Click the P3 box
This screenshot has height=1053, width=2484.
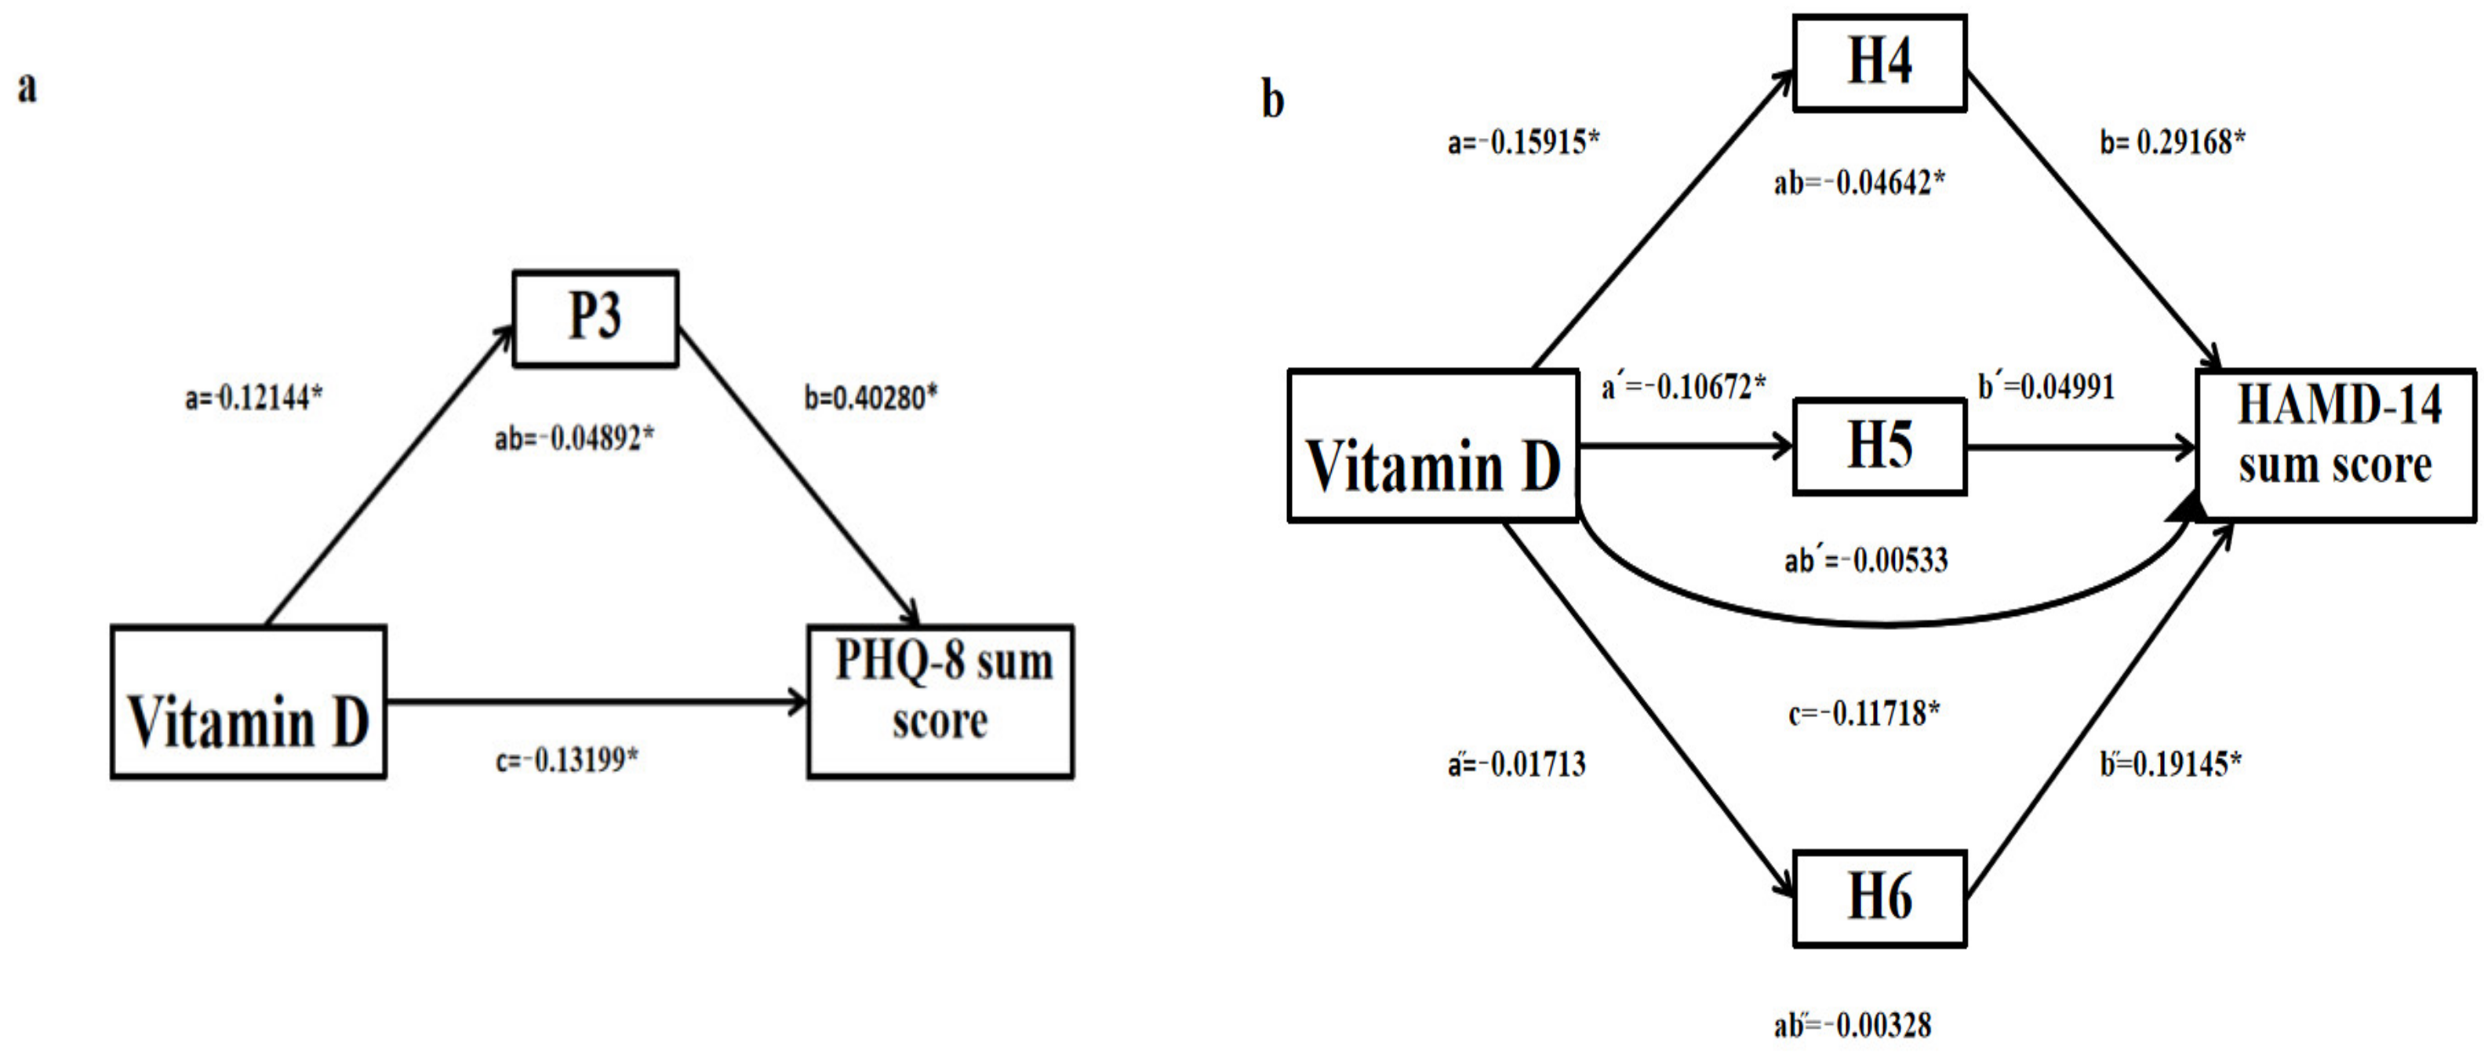[595, 319]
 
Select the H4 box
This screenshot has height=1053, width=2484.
[1879, 63]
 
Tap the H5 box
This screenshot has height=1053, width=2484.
[1879, 446]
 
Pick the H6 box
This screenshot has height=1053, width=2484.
[1879, 898]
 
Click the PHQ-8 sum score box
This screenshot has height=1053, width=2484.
[940, 701]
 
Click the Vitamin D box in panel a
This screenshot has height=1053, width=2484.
[248, 702]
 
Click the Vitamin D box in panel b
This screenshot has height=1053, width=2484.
[1433, 446]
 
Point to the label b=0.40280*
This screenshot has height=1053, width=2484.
[871, 397]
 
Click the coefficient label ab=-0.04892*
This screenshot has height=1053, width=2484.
[575, 439]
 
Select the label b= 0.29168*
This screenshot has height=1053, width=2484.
[2172, 143]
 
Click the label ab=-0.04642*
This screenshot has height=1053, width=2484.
[1859, 182]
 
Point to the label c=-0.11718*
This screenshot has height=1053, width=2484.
[1863, 713]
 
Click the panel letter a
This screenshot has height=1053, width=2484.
[27, 87]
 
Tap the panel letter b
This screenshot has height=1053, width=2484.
[1272, 100]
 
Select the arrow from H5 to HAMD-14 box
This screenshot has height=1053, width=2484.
[2081, 447]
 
